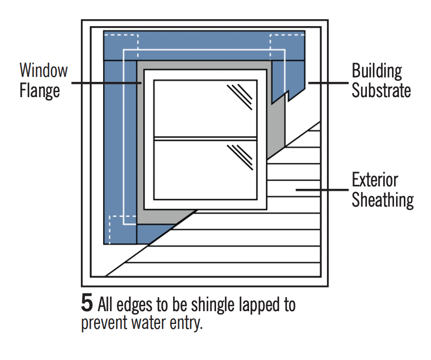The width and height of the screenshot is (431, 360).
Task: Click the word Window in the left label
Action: coord(43,70)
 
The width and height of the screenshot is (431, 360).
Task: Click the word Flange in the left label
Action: coord(39,90)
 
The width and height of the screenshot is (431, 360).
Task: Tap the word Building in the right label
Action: coord(376,71)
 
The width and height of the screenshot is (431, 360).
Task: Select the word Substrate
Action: coord(381,90)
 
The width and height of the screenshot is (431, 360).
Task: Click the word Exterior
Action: coord(375,180)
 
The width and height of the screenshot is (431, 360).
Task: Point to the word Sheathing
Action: coord(382,200)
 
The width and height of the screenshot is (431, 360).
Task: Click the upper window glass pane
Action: coord(205,108)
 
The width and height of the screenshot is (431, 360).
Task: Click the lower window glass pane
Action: coord(205,170)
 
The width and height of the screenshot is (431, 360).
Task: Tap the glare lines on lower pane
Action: coord(240,157)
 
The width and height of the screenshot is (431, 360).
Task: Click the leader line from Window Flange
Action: coord(106,83)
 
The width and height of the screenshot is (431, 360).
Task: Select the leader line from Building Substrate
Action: coord(328,83)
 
